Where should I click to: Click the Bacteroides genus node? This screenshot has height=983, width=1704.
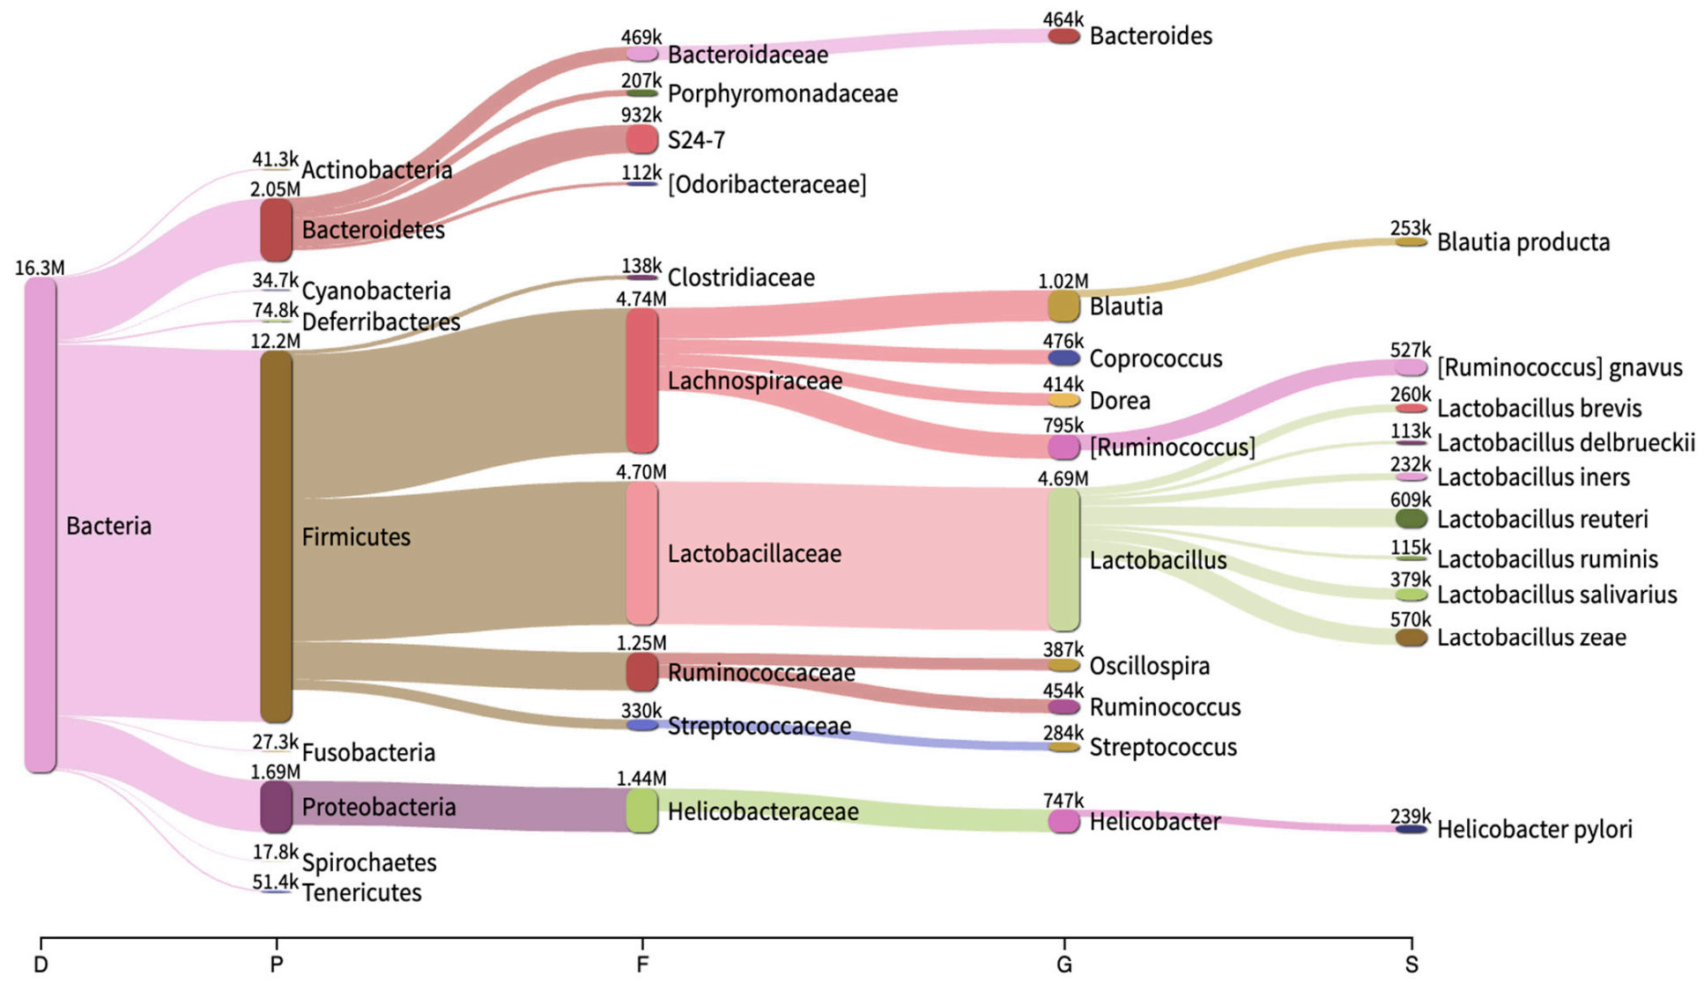point(1063,36)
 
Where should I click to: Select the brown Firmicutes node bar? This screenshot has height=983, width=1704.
point(276,536)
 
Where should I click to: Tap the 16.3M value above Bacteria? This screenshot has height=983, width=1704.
point(40,268)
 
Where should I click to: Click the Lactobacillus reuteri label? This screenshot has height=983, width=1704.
point(1542,519)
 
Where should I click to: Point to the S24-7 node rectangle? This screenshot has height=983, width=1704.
point(641,139)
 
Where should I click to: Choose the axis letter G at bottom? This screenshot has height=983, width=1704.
point(1063,965)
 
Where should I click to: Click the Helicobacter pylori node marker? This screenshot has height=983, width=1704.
point(1411,829)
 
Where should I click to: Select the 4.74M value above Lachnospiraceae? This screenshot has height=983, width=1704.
point(641,299)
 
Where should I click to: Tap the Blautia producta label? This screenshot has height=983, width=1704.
point(1522,242)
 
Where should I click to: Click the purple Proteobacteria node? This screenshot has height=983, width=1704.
point(276,807)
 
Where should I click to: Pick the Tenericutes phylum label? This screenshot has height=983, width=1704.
point(361,892)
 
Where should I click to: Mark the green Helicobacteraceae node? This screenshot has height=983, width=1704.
point(641,810)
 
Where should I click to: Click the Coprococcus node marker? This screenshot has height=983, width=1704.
point(1063,358)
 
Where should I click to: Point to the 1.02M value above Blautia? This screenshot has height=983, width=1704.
point(1063,281)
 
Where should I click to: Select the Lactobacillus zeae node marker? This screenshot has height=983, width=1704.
point(1411,637)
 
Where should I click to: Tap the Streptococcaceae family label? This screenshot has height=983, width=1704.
point(759,726)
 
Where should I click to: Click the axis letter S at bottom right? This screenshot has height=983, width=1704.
point(1411,965)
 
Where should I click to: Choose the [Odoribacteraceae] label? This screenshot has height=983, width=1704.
point(767,184)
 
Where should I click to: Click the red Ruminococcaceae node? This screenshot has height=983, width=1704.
point(641,671)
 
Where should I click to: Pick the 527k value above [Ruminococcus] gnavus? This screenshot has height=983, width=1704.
point(1411,350)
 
